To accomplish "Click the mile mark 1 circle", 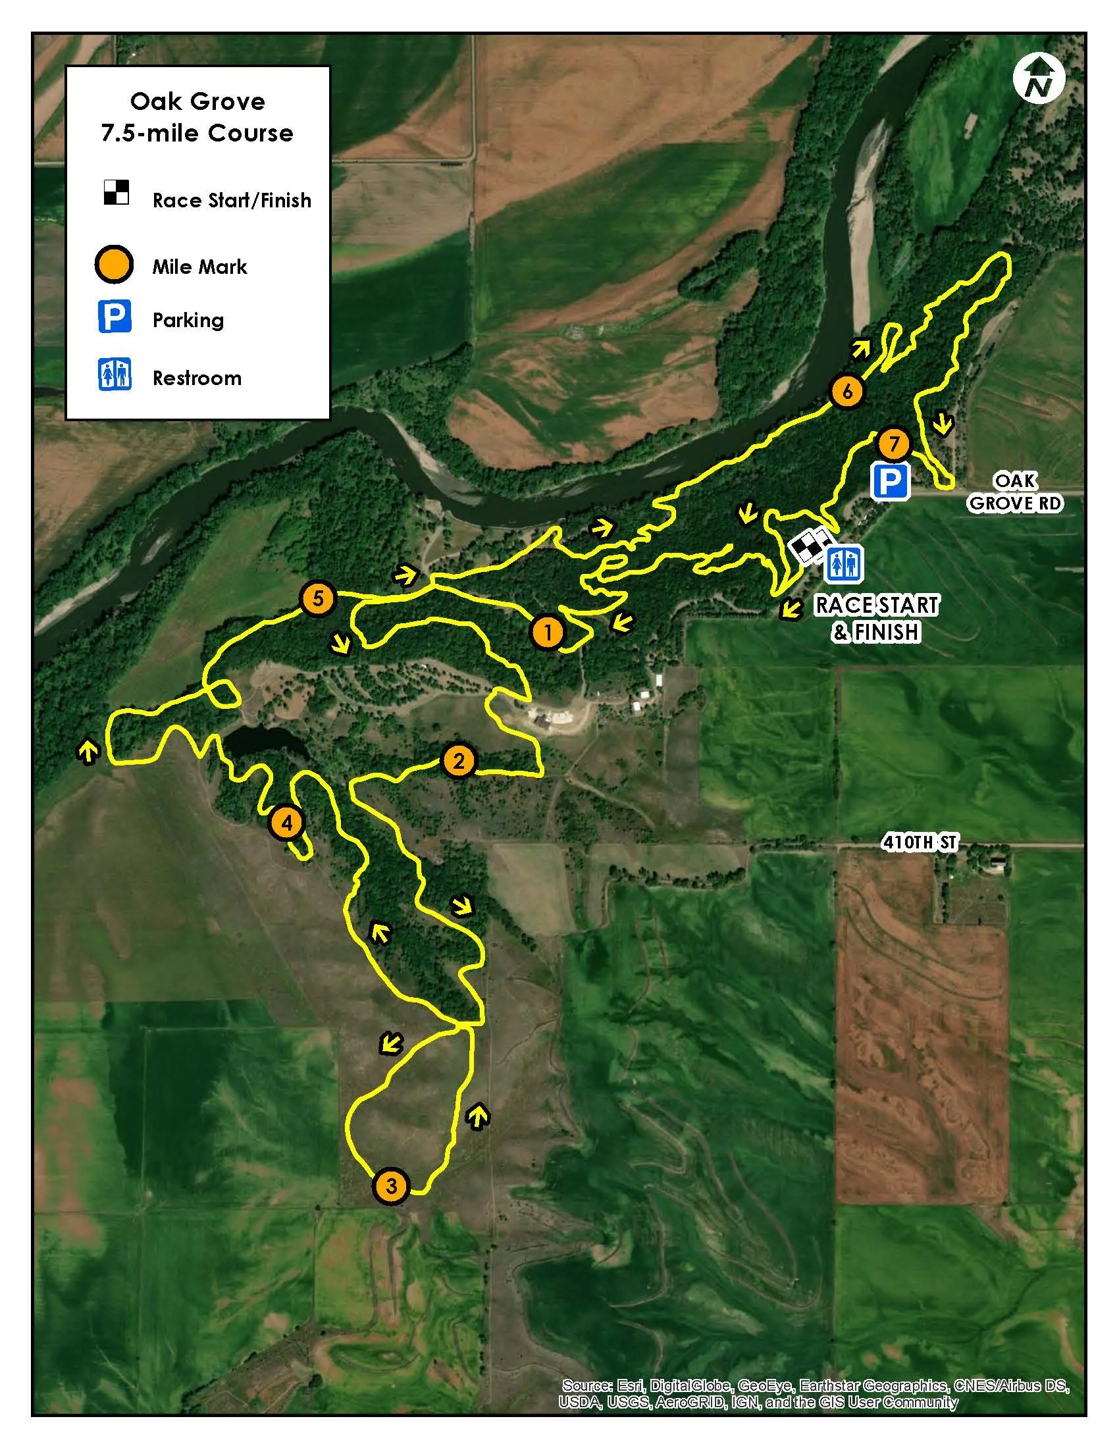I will (547, 632).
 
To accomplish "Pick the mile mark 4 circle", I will (286, 823).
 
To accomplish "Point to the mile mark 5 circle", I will (317, 599).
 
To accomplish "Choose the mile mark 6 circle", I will (846, 391).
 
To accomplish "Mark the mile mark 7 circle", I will (894, 444).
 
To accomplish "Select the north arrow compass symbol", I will (1039, 79).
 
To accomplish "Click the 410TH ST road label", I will (920, 842).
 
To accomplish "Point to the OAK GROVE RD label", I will (1015, 492).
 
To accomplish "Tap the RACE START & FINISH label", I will (875, 618).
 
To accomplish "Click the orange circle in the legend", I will (114, 265).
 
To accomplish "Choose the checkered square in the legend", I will (116, 192).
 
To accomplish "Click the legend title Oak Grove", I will (197, 101).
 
